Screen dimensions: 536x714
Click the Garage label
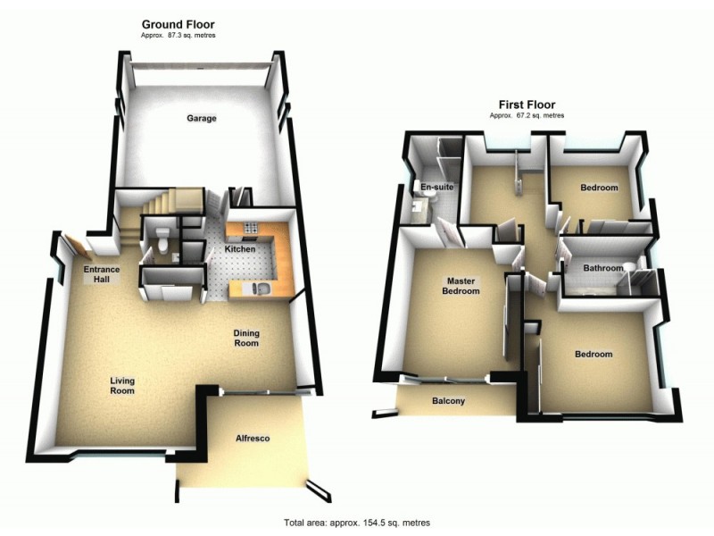coord(202,118)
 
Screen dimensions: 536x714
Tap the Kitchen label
coord(240,248)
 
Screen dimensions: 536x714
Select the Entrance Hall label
coord(102,274)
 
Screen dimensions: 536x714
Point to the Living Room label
coord(122,386)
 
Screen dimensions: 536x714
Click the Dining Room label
coord(246,338)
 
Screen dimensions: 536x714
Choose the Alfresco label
coord(253,439)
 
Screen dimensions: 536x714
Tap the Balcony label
coord(448,401)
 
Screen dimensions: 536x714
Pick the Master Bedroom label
coord(463,286)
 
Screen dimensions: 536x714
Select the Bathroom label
coord(602,268)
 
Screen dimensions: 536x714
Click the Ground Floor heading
coord(178,24)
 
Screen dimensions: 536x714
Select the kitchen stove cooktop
coord(250,227)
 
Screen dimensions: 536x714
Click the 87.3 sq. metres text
coord(178,35)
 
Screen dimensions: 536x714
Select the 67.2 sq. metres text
coord(527,115)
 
